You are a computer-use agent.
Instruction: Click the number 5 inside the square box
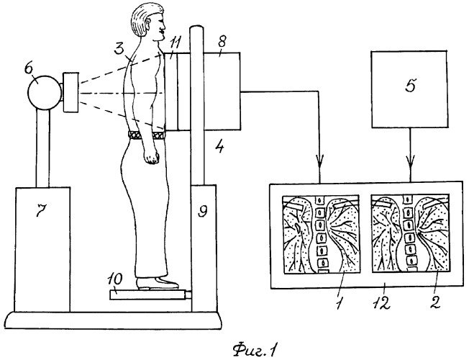click(x=409, y=86)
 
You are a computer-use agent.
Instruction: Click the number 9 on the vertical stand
click(x=204, y=211)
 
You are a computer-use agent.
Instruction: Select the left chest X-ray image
click(x=316, y=234)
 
